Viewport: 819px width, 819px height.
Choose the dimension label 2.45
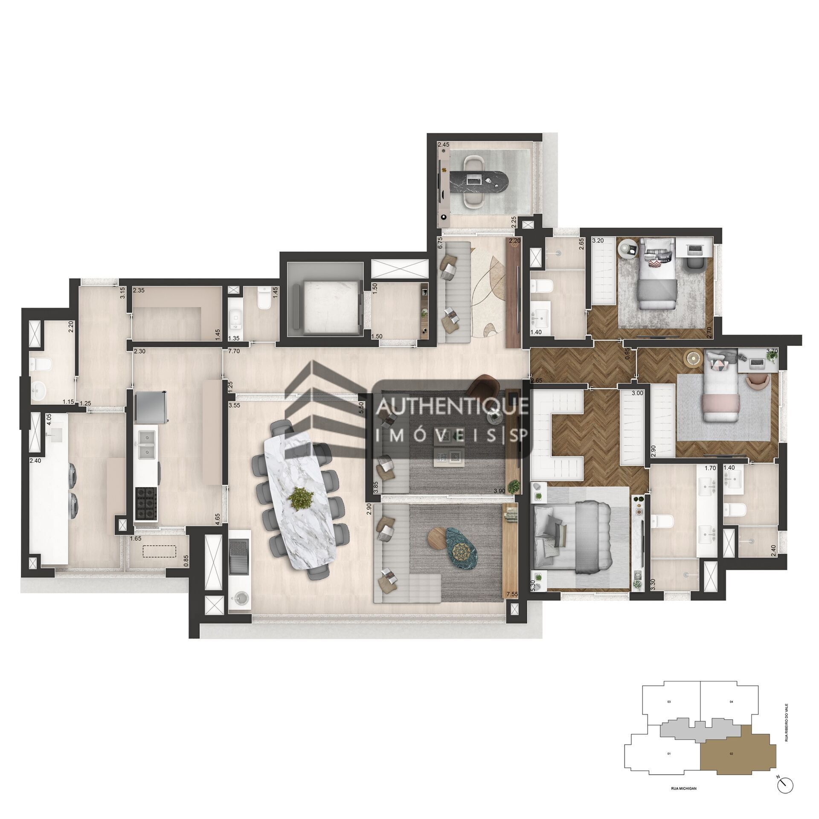tap(444, 145)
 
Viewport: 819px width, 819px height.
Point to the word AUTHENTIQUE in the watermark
tap(452, 407)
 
